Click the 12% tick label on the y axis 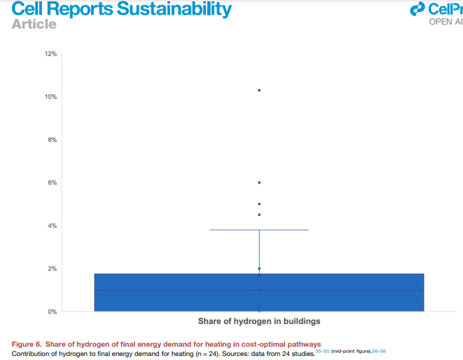tap(50, 54)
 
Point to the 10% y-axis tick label tap(50, 97)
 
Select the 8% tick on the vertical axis tap(52, 140)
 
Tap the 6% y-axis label tap(52, 183)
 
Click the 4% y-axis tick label tap(52, 226)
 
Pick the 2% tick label tap(52, 269)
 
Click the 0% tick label tap(52, 312)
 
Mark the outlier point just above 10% tap(259, 90)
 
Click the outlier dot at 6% tap(259, 182)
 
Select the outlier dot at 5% tap(259, 204)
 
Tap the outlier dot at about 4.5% tap(259, 215)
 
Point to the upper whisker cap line tap(259, 230)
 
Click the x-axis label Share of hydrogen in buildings tap(259, 321)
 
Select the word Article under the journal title tap(34, 24)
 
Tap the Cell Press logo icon tap(418, 9)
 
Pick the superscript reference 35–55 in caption tap(322, 349)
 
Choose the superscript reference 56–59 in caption tap(379, 349)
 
